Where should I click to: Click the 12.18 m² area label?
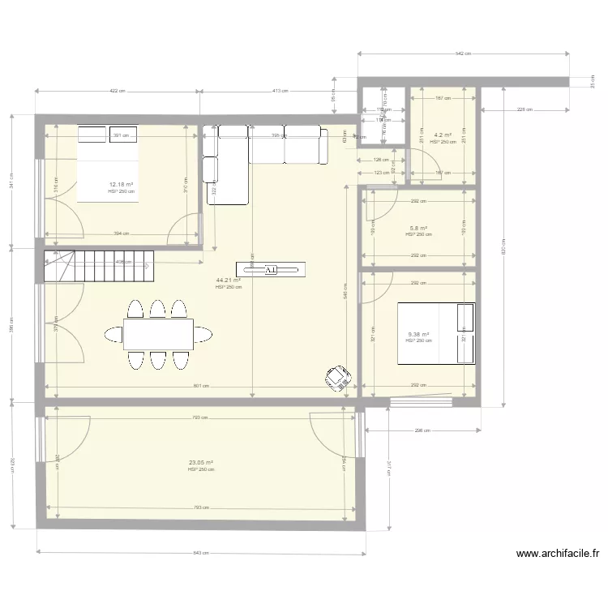[121, 185]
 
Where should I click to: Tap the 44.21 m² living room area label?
[228, 280]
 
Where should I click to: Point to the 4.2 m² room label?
[443, 135]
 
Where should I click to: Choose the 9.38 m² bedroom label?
[418, 334]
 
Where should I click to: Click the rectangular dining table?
[158, 332]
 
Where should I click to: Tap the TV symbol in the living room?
[270, 269]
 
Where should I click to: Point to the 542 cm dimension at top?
[463, 54]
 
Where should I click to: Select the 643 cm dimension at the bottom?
[200, 553]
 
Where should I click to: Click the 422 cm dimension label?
[118, 91]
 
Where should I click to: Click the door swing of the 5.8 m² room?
[379, 206]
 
